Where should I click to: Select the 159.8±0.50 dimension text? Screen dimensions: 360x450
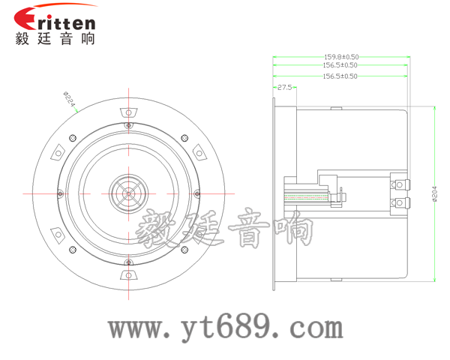[340, 56]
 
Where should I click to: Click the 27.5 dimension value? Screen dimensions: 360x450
[284, 88]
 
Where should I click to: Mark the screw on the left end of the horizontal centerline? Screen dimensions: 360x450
[55, 193]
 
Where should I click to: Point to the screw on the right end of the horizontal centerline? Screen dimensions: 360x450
[199, 193]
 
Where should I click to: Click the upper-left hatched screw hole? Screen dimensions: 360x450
[72, 137]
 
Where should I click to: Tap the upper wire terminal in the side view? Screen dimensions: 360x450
[399, 184]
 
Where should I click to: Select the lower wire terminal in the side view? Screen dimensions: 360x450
[399, 202]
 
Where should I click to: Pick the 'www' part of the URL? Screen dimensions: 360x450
[136, 328]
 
